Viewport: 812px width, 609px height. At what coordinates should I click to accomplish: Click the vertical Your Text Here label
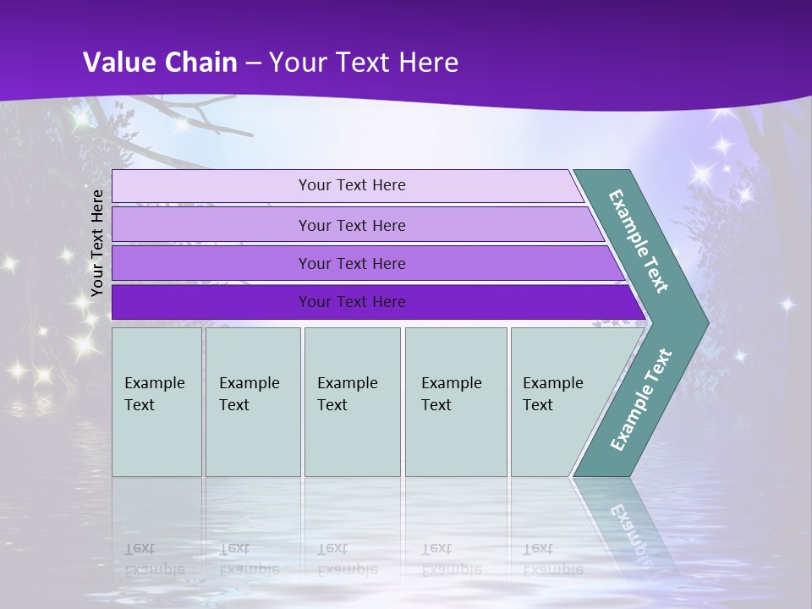[x=97, y=243]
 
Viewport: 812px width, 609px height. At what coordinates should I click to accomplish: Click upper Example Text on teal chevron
[x=639, y=241]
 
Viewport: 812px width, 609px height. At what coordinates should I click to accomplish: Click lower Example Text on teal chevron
[x=640, y=400]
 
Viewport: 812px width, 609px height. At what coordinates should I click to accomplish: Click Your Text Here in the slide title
[x=364, y=63]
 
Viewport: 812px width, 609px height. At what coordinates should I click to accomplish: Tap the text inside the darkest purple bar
[x=352, y=302]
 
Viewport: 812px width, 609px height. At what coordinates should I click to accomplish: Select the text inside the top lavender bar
[x=352, y=185]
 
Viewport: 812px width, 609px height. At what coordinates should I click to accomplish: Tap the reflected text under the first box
[x=154, y=558]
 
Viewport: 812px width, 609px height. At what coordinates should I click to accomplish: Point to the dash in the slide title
[x=253, y=63]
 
